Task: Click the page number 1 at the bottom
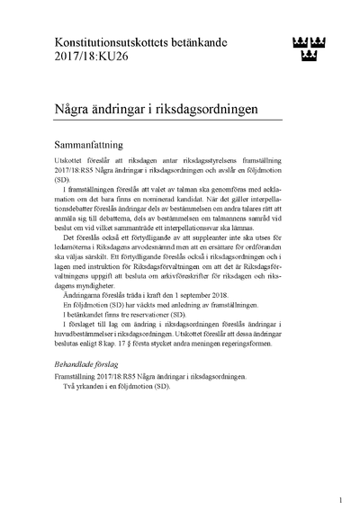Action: coord(340,497)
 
